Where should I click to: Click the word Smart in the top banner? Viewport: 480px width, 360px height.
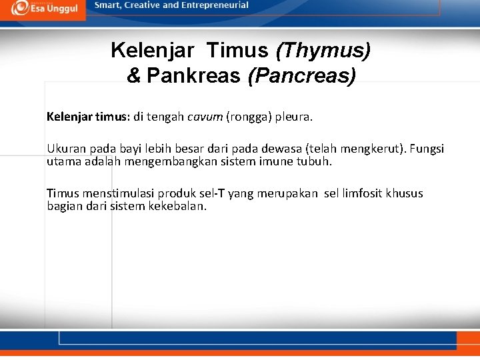(108, 5)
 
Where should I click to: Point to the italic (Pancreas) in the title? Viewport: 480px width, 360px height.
(301, 76)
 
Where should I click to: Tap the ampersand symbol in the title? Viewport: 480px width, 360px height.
(133, 76)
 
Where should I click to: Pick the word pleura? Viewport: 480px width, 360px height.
(293, 117)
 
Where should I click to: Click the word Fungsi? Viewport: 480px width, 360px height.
(427, 149)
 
